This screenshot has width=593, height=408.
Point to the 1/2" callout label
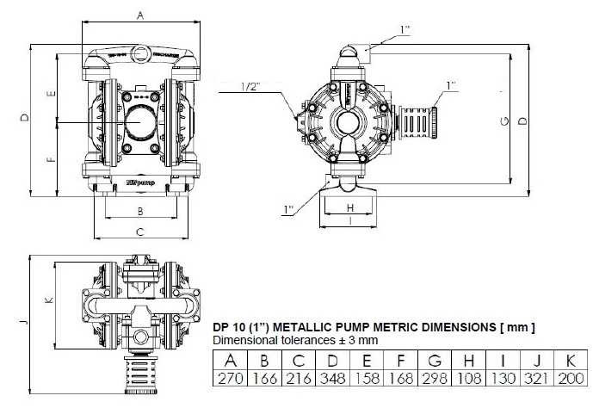coord(251,86)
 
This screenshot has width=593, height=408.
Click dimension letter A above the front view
coord(140,15)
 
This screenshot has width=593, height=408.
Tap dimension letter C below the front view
coord(139,231)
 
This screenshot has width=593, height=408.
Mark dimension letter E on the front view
coord(52,93)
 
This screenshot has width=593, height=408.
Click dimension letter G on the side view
coord(503,121)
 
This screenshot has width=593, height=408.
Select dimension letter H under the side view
coord(350,207)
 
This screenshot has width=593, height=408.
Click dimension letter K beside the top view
coord(49,300)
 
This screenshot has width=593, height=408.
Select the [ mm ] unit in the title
coord(519,327)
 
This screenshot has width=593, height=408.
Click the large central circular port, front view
coord(139,122)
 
